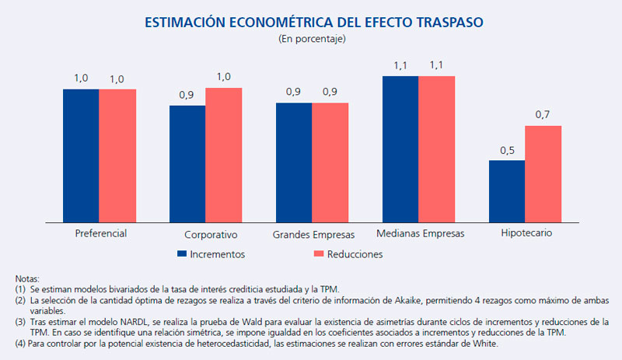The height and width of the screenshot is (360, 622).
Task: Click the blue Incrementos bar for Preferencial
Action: point(81,155)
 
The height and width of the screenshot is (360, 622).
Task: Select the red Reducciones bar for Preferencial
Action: point(117,155)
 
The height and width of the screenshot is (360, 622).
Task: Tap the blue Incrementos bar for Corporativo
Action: point(187,163)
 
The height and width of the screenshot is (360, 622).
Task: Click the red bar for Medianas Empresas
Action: point(436,148)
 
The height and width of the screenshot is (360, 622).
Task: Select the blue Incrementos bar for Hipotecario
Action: point(507,190)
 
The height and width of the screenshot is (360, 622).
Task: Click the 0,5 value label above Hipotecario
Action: point(507,150)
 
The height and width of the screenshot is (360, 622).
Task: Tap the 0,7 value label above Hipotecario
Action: point(543,115)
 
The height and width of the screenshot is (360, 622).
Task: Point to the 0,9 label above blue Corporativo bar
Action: point(187,95)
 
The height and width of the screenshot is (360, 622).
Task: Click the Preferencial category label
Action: point(101,233)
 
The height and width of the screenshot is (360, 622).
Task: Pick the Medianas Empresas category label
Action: point(420,233)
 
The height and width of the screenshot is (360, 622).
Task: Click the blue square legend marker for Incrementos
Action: point(182,253)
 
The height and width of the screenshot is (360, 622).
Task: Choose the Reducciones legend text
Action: point(356,253)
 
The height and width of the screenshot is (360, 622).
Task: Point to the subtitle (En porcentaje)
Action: point(311,39)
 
